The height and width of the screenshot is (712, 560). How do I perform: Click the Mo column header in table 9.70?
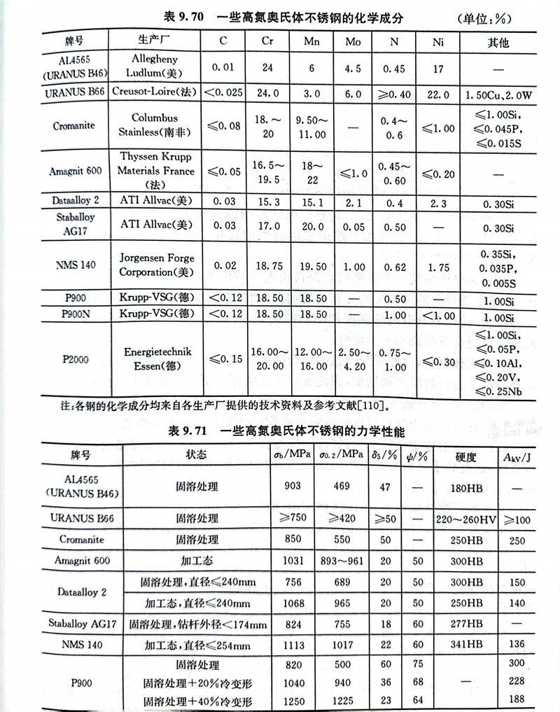(353, 42)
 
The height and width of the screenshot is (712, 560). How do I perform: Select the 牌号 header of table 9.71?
(80, 454)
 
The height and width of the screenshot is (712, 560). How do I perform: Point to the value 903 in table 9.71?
(293, 485)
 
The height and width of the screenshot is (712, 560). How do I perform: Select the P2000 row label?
(73, 358)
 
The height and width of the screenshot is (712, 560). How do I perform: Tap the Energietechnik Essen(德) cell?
(157, 358)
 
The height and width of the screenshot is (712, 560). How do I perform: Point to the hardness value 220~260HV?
(465, 519)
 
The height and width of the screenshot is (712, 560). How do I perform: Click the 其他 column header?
(498, 42)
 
